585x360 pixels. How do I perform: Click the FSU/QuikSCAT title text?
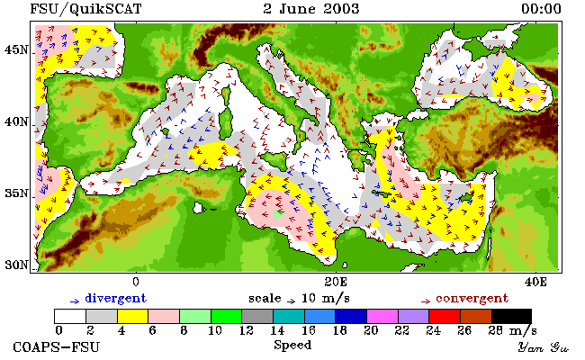(85, 9)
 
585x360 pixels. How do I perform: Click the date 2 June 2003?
(311, 9)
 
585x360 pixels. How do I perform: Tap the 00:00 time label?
(541, 9)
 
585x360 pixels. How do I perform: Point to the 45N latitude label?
(16, 49)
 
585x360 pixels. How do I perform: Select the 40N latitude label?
(16, 121)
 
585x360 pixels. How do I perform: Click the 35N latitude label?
(16, 193)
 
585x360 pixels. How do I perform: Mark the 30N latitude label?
(16, 265)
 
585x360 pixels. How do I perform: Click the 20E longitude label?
(336, 282)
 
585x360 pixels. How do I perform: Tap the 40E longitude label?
(535, 282)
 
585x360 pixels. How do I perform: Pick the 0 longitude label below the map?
(136, 282)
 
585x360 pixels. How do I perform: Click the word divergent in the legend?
(116, 298)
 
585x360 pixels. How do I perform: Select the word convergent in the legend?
(472, 298)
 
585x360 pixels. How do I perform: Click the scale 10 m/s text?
(299, 299)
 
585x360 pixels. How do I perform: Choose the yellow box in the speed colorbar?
(133, 316)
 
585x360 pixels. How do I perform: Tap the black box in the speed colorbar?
(511, 316)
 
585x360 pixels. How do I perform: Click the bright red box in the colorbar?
(445, 316)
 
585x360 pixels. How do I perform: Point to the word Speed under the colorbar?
(292, 346)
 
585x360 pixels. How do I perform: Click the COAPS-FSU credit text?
(57, 346)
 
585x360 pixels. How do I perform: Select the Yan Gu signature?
(543, 347)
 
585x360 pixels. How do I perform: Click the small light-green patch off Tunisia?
(278, 214)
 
